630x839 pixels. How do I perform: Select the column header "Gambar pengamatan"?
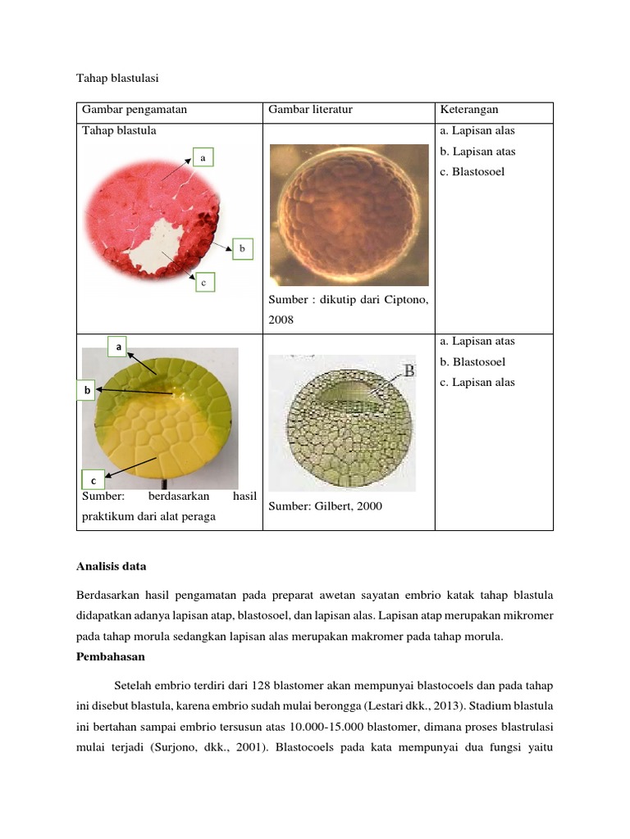pyautogui.click(x=133, y=110)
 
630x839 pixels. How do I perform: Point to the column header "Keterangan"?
pyautogui.click(x=469, y=110)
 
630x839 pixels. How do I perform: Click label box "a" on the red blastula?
pyautogui.click(x=202, y=156)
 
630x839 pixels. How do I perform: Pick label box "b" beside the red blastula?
pyautogui.click(x=242, y=248)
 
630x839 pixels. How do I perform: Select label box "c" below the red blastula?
pyautogui.click(x=203, y=283)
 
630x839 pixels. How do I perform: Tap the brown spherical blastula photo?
pyautogui.click(x=349, y=215)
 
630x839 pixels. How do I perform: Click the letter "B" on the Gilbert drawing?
pyautogui.click(x=408, y=371)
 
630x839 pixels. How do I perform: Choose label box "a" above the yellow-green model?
pyautogui.click(x=119, y=347)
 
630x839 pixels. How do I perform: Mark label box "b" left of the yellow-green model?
pyautogui.click(x=87, y=392)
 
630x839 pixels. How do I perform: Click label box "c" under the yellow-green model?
pyautogui.click(x=93, y=480)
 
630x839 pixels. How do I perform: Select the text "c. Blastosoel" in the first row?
pyautogui.click(x=472, y=172)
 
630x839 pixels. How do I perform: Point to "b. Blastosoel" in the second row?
pyautogui.click(x=472, y=361)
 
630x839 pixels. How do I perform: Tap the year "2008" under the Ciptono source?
pyautogui.click(x=281, y=320)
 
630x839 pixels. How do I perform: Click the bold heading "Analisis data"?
pyautogui.click(x=111, y=565)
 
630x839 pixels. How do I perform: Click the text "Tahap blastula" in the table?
pyautogui.click(x=119, y=130)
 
